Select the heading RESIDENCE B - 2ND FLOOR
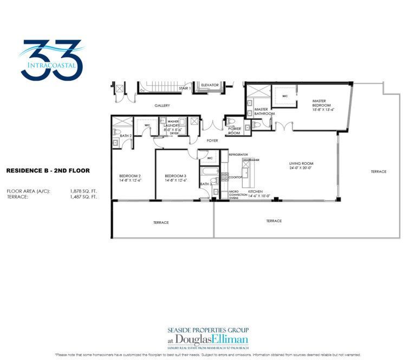(x=48, y=170)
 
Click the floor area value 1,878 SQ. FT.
(x=83, y=191)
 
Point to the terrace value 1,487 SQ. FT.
(x=83, y=197)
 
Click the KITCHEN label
(x=255, y=192)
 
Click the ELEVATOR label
(x=210, y=85)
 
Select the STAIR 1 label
(x=186, y=87)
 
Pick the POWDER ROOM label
(x=234, y=131)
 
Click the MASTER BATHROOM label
(x=264, y=111)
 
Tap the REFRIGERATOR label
(x=238, y=155)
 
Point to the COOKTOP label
(x=235, y=177)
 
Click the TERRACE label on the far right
(x=379, y=172)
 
